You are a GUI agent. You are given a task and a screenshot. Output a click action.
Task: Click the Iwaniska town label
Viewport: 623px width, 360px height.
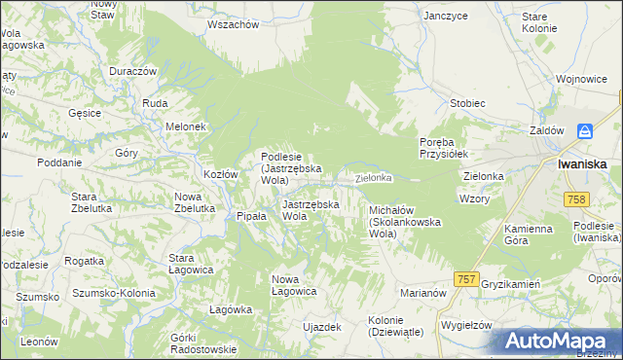583,164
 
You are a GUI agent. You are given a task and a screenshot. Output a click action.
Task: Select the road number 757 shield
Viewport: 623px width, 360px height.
466,279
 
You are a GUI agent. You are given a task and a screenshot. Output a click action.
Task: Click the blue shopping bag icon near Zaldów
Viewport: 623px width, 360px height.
584,131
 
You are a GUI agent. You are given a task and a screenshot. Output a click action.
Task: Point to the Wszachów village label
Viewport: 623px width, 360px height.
234,24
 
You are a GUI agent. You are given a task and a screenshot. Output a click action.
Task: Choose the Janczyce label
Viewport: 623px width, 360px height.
446,17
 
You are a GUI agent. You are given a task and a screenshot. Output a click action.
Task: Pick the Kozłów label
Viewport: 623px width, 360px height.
221,174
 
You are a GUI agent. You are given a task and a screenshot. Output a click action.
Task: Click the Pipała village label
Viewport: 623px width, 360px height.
251,216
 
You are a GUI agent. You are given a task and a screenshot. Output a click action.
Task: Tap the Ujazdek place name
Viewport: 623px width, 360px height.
322,327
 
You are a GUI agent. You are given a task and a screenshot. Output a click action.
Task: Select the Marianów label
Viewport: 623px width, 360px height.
422,292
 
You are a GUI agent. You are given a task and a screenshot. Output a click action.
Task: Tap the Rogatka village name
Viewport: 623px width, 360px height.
84,261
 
